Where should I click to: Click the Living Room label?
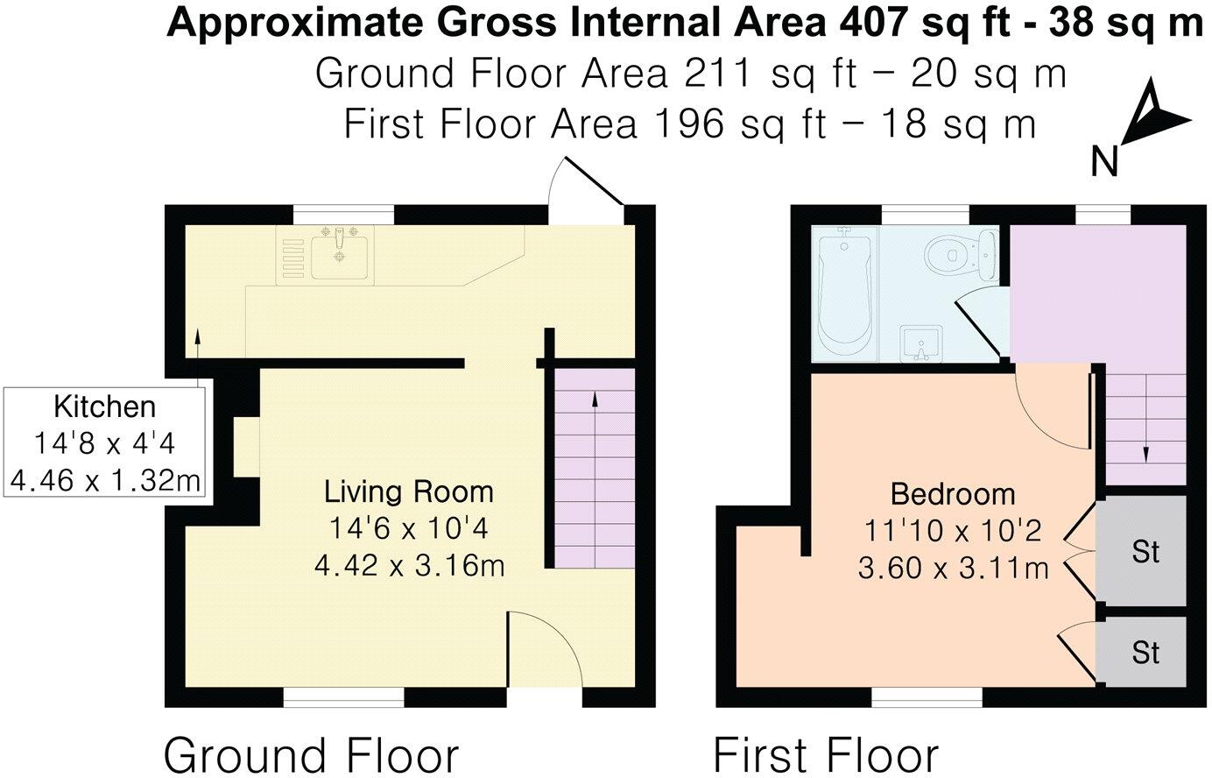point(409,492)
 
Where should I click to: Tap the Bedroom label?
point(953,494)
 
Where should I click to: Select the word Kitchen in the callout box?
point(104,407)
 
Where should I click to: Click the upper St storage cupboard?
point(1145,552)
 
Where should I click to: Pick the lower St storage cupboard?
point(1145,653)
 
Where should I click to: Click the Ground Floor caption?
point(311,755)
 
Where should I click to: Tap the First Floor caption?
point(826,755)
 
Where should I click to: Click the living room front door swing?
point(543,648)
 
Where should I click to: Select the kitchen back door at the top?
point(587,184)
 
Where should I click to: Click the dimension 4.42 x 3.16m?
point(409,566)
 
